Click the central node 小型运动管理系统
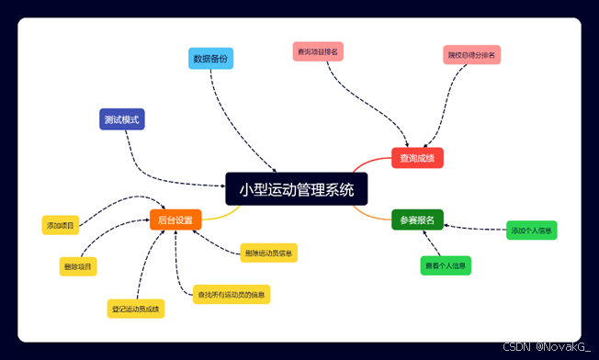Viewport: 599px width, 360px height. [296, 189]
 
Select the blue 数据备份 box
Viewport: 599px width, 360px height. [210, 59]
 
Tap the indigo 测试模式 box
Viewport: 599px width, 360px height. [122, 119]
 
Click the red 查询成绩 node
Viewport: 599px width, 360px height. [417, 158]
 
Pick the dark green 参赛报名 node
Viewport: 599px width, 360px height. [417, 220]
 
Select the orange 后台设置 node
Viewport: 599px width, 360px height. [175, 220]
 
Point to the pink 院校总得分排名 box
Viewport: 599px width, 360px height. [471, 55]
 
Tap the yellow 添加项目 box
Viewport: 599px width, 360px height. [61, 225]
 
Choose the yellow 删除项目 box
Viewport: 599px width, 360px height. [79, 266]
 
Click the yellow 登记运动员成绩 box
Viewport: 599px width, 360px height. [135, 309]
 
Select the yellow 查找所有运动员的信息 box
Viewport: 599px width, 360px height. [231, 295]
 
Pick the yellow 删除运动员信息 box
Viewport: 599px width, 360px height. [268, 252]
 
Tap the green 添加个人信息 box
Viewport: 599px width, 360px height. [532, 231]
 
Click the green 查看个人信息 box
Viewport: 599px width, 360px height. [446, 266]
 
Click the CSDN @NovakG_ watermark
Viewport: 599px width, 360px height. [548, 348]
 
